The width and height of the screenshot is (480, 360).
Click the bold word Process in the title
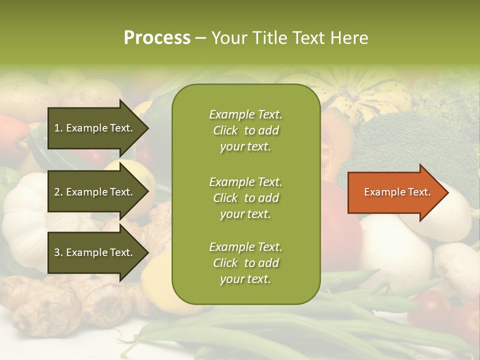pyautogui.click(x=157, y=38)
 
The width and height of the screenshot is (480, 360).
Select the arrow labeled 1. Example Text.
pyautogui.click(x=95, y=128)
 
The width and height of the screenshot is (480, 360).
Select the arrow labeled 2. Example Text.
pyautogui.click(x=95, y=192)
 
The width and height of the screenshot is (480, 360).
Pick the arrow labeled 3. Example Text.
pyautogui.click(x=95, y=252)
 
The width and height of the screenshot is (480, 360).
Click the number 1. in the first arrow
pyautogui.click(x=58, y=128)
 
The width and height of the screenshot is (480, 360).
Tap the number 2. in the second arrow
pyautogui.click(x=58, y=192)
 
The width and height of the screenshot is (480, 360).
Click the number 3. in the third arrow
pyautogui.click(x=58, y=252)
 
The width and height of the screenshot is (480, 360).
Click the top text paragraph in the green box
pyautogui.click(x=245, y=130)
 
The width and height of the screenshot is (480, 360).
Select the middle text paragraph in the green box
pyautogui.click(x=245, y=197)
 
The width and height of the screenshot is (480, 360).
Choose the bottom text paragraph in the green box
pyautogui.click(x=245, y=263)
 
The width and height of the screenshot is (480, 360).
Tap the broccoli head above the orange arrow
pyautogui.click(x=400, y=140)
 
